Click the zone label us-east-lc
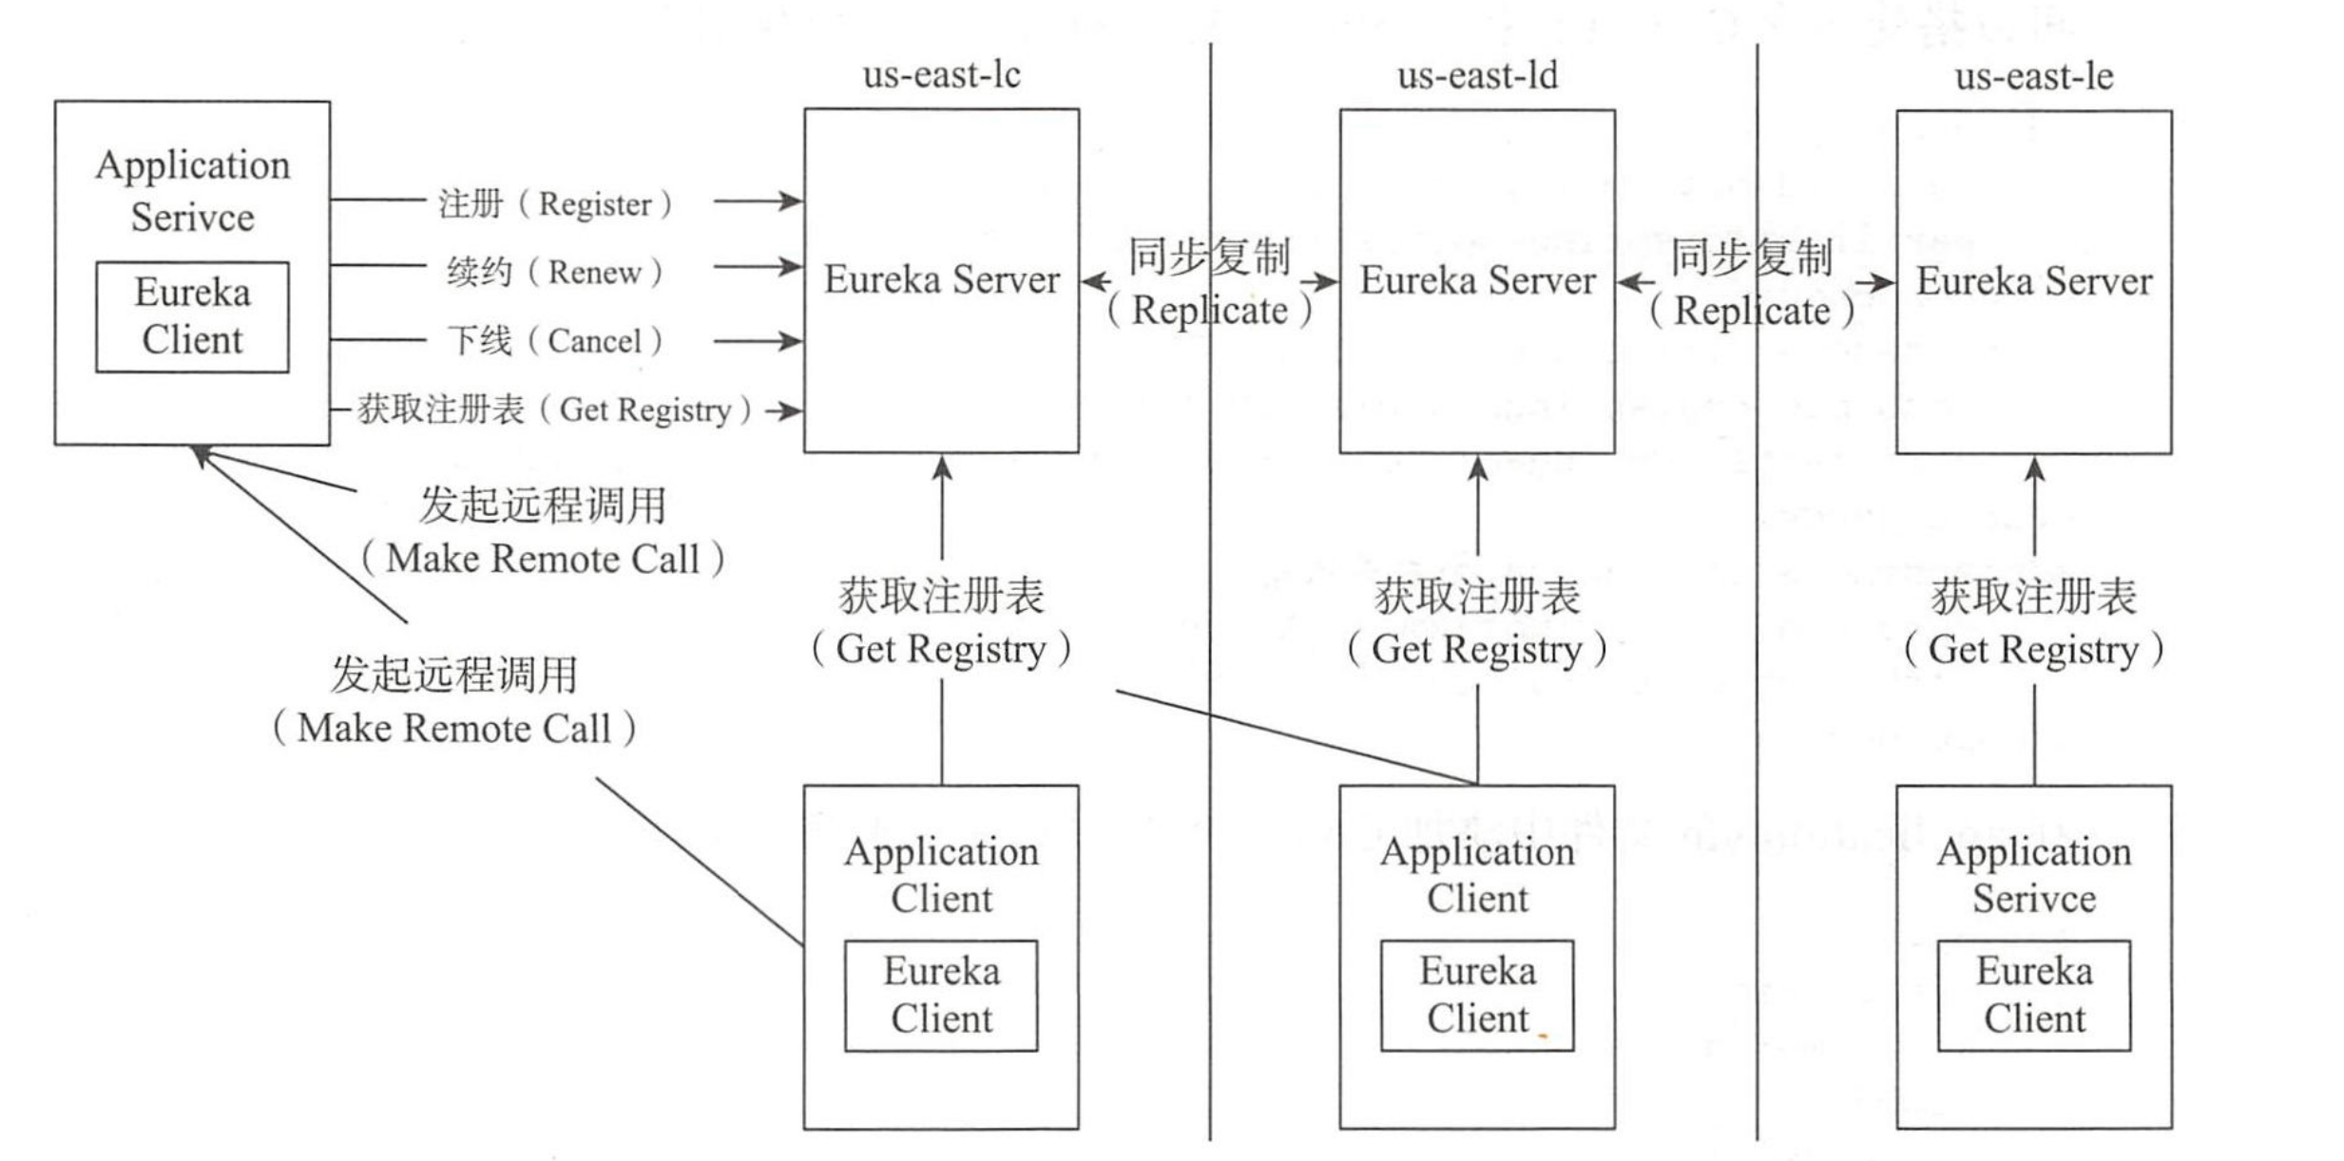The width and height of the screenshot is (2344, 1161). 941,75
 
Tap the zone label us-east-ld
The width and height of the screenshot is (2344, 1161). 1477,75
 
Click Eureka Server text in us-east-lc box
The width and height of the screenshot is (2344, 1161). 941,279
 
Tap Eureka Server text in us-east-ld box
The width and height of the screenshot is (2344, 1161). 1477,280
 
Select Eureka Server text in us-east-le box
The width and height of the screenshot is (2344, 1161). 2033,281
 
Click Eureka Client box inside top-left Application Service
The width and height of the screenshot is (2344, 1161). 192,316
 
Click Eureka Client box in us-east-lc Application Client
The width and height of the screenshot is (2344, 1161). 941,995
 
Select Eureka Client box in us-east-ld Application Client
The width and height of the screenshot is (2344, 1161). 1477,995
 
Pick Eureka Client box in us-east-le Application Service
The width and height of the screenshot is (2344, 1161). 2034,995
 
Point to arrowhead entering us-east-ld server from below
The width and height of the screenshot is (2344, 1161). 1477,467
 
